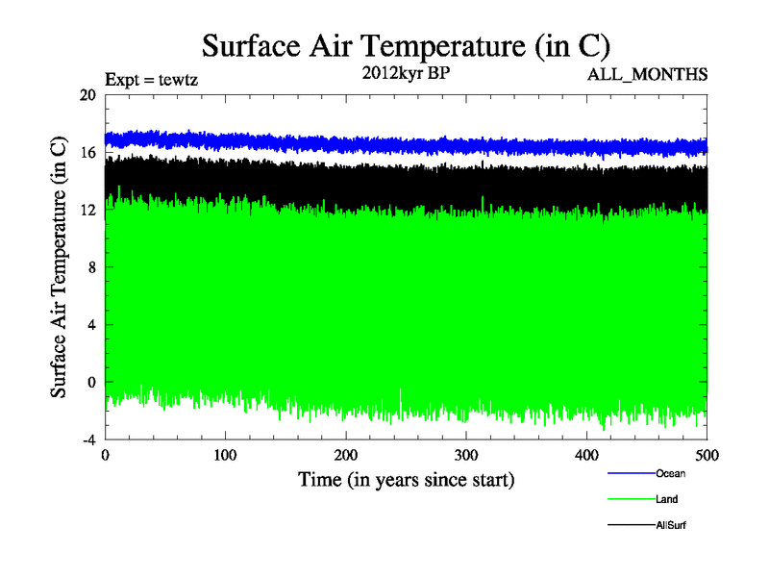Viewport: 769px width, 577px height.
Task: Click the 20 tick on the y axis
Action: coord(87,95)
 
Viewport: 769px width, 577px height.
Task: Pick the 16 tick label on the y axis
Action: coord(87,153)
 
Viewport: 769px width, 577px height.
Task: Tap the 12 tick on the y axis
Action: coord(87,210)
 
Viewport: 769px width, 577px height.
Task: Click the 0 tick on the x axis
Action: coord(105,454)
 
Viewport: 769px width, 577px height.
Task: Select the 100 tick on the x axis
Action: coord(225,454)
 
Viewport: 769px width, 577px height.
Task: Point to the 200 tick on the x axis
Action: coord(346,454)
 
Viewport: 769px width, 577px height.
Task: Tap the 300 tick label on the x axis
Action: coord(466,454)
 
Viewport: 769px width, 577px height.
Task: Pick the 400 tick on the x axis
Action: coord(586,454)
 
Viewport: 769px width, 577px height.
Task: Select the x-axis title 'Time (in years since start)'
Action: coord(406,478)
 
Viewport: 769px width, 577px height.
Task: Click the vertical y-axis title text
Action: coord(59,267)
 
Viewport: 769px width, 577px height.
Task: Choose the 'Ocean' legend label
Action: coord(671,473)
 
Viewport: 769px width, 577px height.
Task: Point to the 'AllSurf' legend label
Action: coord(671,525)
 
